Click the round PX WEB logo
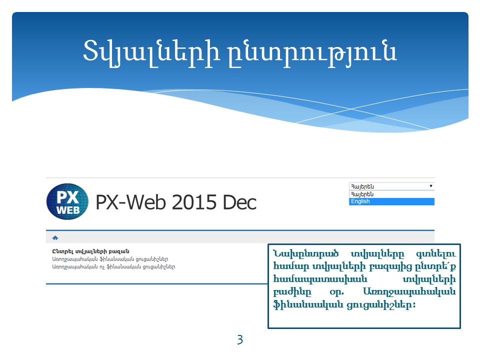click(67, 201)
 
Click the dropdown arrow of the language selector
click(430, 186)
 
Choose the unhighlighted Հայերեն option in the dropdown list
click(362, 194)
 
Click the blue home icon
click(55, 237)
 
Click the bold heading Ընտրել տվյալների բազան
click(90, 251)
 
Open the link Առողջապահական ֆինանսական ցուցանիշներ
click(110, 259)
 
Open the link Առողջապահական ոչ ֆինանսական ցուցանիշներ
click(113, 266)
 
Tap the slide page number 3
click(240, 339)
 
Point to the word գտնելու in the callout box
click(436, 254)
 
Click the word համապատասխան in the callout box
click(320, 279)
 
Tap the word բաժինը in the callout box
click(292, 292)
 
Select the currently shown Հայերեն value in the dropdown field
click(362, 186)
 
